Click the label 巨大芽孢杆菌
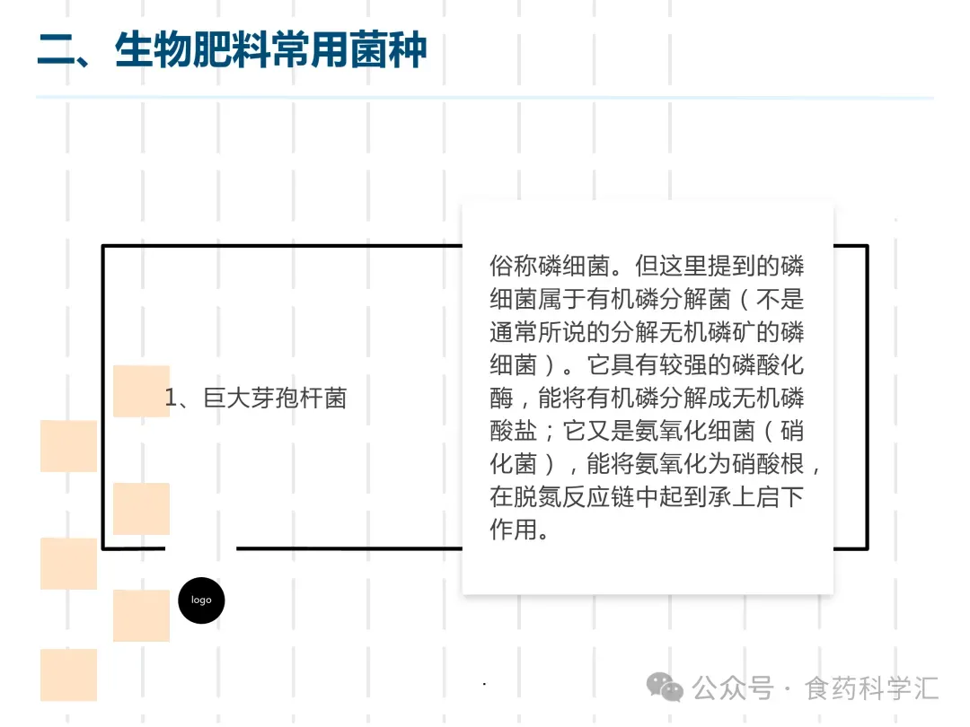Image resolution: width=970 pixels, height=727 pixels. pyautogui.click(x=275, y=398)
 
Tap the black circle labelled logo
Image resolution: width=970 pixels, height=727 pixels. pyautogui.click(x=201, y=600)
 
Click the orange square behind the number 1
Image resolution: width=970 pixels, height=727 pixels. pyautogui.click(x=141, y=390)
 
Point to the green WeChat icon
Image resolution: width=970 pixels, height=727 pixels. pyautogui.click(x=666, y=688)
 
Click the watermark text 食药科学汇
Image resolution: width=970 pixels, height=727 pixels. pyautogui.click(x=871, y=688)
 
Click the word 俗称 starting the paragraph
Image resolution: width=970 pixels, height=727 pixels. pyautogui.click(x=512, y=267)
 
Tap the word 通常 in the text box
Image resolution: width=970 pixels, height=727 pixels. pyautogui.click(x=512, y=332)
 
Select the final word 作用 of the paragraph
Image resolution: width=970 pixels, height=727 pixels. pyautogui.click(x=512, y=530)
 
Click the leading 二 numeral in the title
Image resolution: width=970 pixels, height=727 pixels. pyautogui.click(x=56, y=48)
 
